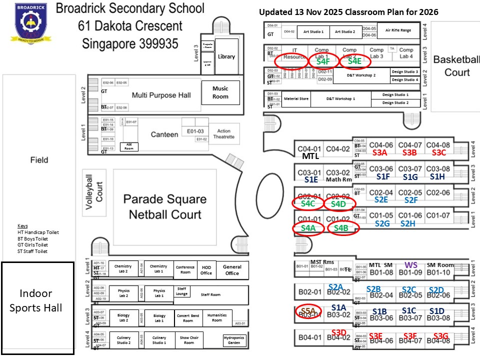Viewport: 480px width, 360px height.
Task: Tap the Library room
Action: point(226,56)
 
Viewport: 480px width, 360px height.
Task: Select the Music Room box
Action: point(220,92)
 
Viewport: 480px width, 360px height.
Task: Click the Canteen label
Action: point(164,134)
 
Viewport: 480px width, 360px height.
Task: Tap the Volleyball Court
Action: point(94,190)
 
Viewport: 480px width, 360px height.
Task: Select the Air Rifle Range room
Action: point(398,30)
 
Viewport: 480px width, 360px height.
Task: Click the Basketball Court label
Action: point(457,66)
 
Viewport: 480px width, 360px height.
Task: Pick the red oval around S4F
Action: point(323,61)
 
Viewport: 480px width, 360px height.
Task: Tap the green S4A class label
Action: point(308,228)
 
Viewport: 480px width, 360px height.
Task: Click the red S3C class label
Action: point(438,152)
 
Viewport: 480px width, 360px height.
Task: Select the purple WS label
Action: point(411,265)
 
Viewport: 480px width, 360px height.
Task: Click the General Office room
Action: point(232,270)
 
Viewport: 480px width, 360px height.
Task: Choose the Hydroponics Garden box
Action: point(234,340)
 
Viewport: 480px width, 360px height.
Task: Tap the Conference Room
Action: point(185,269)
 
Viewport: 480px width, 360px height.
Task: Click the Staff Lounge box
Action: point(181,291)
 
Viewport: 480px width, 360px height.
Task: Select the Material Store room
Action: point(296,99)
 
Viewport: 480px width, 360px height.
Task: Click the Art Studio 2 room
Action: point(345,31)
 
